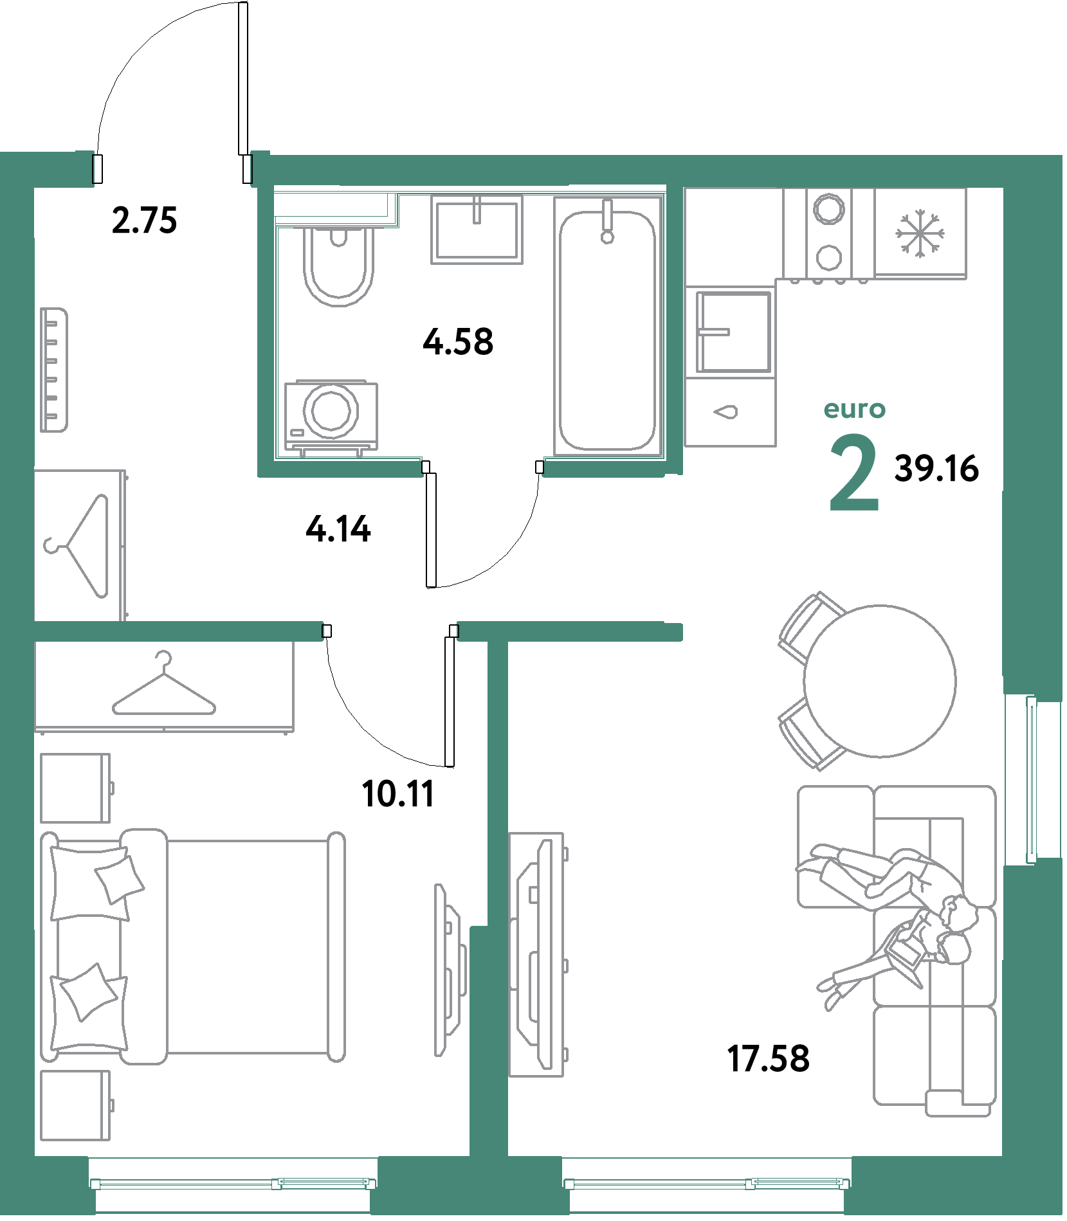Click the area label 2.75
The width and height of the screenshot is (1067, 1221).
pos(144,220)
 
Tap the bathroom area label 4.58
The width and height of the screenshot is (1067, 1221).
pos(458,341)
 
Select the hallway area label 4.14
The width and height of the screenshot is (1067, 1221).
pos(338,529)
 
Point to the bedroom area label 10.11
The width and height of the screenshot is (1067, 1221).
pos(398,793)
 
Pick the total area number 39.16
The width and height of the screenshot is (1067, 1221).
pos(936,468)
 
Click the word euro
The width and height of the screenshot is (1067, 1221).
pos(855,409)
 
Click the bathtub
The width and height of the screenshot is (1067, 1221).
pos(608,326)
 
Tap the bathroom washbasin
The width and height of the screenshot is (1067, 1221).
pos(477,230)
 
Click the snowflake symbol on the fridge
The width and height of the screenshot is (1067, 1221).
pos(920,233)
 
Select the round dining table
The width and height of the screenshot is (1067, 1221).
pos(879,681)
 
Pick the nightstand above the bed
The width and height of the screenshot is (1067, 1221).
pos(76,788)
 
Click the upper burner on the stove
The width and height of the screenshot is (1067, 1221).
pos(829,208)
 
